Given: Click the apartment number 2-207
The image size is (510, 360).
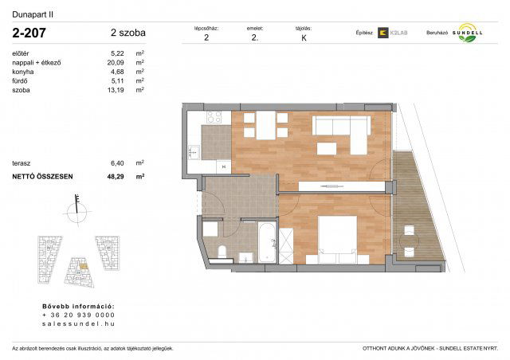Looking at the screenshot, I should pyautogui.click(x=29, y=33).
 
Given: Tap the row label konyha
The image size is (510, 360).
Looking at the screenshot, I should pyautogui.click(x=24, y=72).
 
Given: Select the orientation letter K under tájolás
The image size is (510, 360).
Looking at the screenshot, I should pyautogui.click(x=303, y=37).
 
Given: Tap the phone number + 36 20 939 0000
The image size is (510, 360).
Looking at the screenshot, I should pyautogui.click(x=78, y=315).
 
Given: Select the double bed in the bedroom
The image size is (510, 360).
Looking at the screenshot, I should pyautogui.click(x=338, y=237).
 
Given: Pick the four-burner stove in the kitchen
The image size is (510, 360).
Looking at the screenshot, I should pyautogui.click(x=214, y=118).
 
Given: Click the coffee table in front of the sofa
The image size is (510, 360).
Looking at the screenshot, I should pyautogui.click(x=327, y=148).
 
